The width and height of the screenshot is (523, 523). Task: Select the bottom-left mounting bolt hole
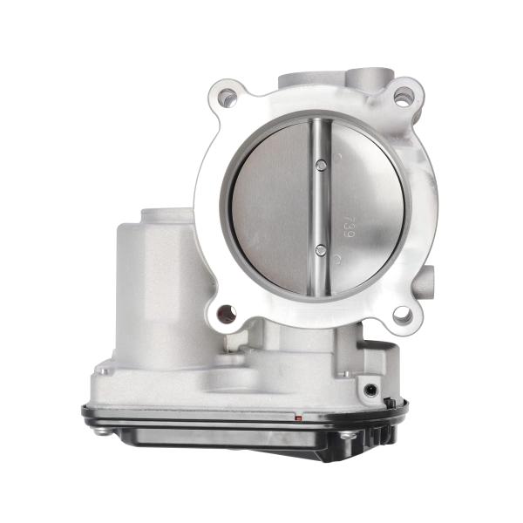[x=227, y=313]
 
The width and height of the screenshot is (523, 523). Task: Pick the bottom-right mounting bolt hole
[x=402, y=316]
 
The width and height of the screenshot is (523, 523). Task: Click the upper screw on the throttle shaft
[x=321, y=165]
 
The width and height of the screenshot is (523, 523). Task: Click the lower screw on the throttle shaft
[x=321, y=250]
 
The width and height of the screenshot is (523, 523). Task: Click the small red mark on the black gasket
[x=299, y=418]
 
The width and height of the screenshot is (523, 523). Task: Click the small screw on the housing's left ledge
[x=104, y=371]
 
